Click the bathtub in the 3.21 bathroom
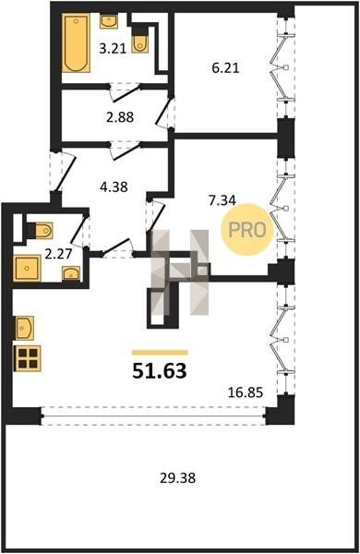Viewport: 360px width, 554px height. click(x=76, y=42)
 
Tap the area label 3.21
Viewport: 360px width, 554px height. click(x=113, y=48)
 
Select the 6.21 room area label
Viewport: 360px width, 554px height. click(x=225, y=67)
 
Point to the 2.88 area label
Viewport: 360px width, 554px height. click(x=120, y=117)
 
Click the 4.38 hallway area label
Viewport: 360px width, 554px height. click(x=114, y=187)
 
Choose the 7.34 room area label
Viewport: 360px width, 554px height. click(x=222, y=200)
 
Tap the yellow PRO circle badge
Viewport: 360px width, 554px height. click(x=247, y=230)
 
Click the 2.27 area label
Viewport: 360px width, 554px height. click(x=59, y=253)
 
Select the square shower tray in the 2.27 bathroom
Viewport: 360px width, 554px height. click(x=27, y=269)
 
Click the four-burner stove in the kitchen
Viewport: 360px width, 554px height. click(x=28, y=358)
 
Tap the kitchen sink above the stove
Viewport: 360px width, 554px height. click(x=25, y=328)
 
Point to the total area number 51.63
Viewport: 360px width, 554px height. click(x=160, y=370)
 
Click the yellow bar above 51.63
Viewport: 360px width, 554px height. click(x=160, y=353)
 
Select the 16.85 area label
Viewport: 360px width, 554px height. click(x=246, y=392)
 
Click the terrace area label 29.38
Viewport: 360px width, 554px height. click(x=177, y=478)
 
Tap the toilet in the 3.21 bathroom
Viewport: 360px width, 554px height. click(x=140, y=43)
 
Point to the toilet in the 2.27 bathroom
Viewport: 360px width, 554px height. click(x=41, y=231)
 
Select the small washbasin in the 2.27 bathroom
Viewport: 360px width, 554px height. click(x=71, y=273)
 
